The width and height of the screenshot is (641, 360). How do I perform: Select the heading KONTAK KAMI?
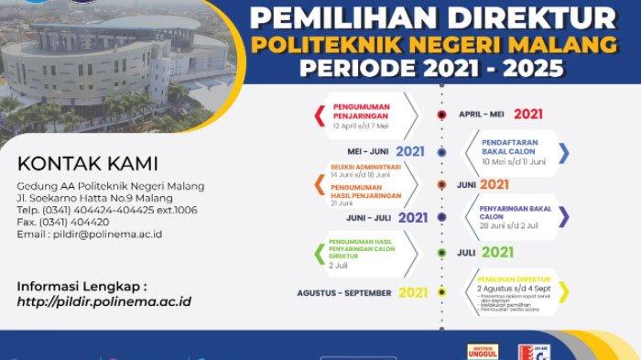[x=87, y=164]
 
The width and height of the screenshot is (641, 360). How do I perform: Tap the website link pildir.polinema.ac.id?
[x=104, y=301]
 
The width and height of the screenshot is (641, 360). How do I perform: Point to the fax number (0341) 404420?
[x=72, y=222]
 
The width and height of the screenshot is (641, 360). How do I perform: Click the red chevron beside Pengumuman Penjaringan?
[x=319, y=115]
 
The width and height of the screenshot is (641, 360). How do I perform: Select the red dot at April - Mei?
[x=441, y=115]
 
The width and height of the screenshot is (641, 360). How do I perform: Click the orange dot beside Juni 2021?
[x=441, y=184]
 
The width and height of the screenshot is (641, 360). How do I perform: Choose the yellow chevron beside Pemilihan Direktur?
[x=564, y=291]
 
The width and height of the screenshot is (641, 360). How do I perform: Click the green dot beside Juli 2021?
[x=441, y=252]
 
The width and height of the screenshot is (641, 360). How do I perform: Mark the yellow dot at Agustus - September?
[x=441, y=292]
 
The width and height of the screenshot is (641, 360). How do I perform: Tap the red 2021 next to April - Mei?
[x=529, y=115]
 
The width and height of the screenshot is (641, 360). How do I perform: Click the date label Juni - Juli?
[x=369, y=218]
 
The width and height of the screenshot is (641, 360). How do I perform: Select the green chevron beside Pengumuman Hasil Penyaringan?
[x=319, y=251]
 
